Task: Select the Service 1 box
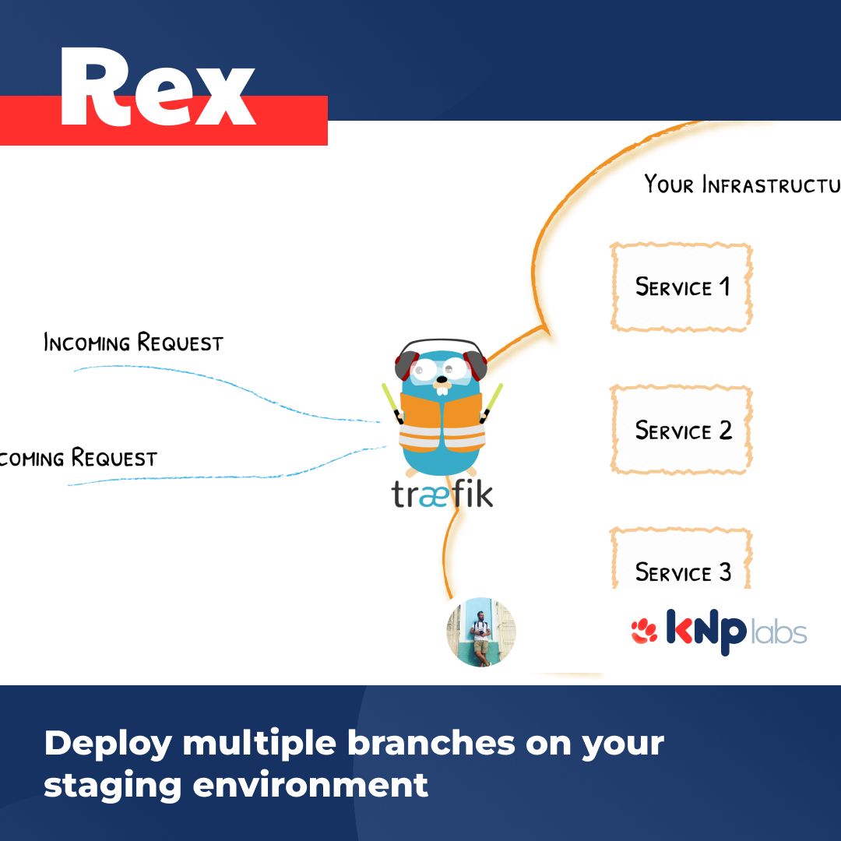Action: pos(682,287)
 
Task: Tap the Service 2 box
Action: pos(682,430)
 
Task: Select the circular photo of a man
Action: pos(480,632)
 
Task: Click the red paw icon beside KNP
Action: pos(644,632)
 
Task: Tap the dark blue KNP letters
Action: pos(706,632)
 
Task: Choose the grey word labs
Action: pos(778,633)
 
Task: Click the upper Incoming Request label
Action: pos(133,343)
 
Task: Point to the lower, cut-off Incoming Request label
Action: pos(78,458)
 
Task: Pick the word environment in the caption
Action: pos(311,783)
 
